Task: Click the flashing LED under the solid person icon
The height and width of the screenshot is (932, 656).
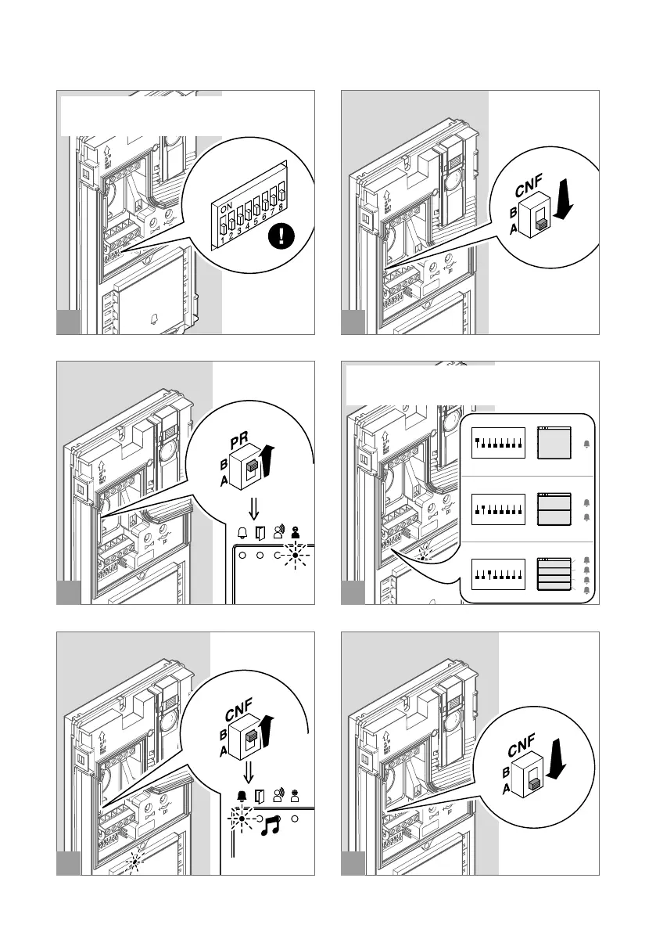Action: [296, 556]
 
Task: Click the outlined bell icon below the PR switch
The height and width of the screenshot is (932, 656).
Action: [242, 534]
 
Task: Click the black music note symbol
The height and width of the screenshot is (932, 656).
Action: [271, 826]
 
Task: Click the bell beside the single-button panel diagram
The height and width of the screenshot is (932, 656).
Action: [587, 444]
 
